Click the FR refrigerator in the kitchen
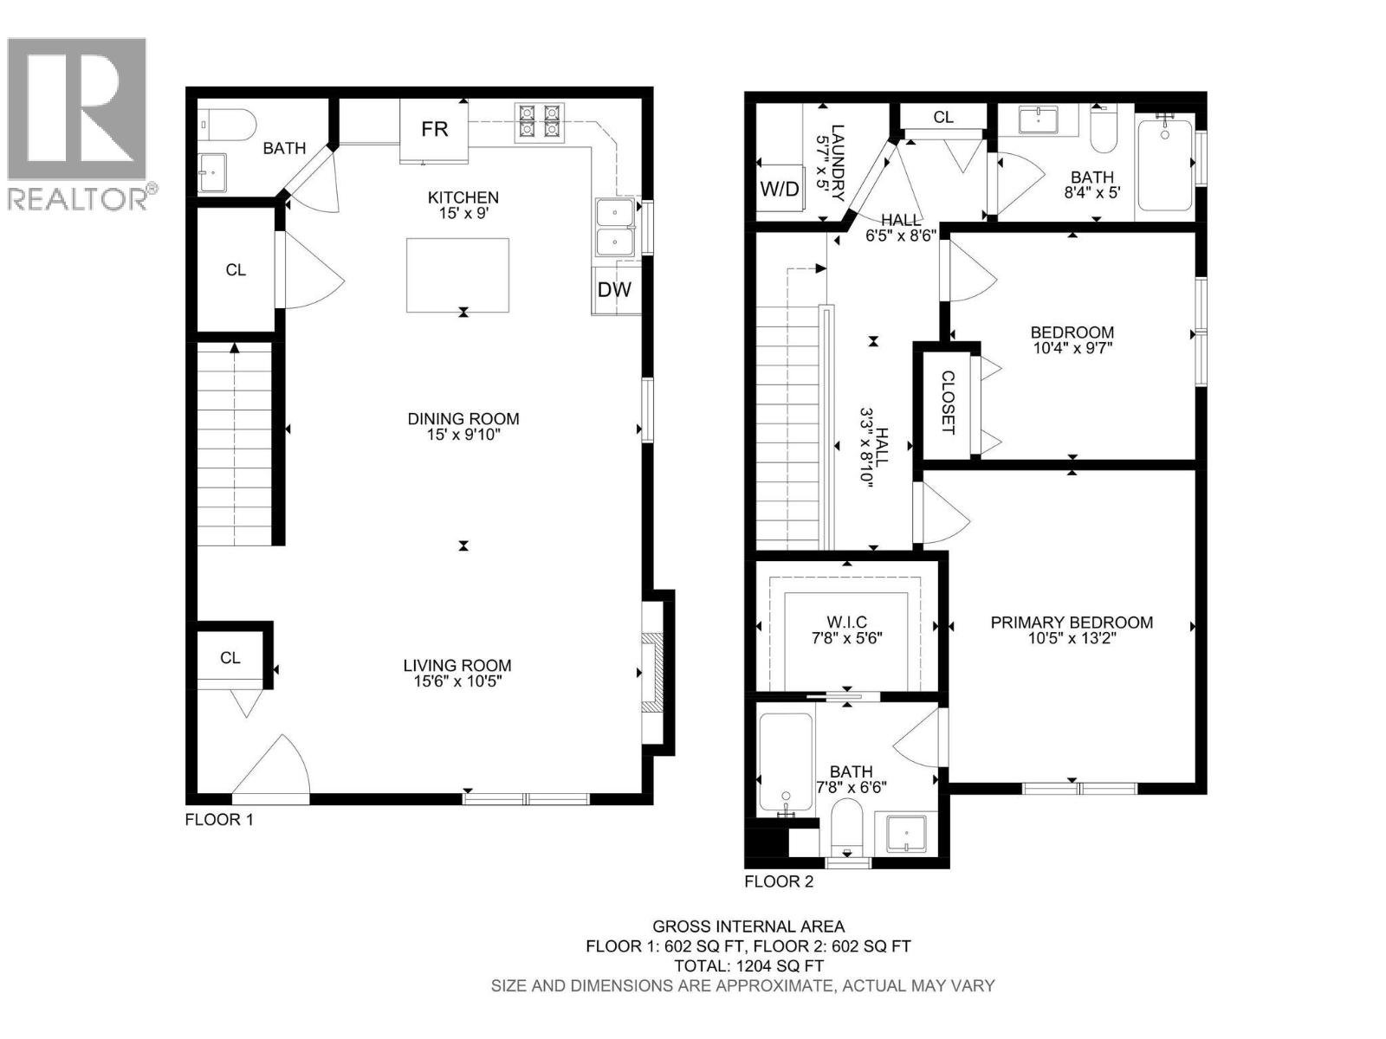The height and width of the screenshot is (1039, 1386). [434, 130]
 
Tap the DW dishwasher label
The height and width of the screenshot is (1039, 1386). [614, 290]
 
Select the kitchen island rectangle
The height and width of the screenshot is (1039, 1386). [457, 275]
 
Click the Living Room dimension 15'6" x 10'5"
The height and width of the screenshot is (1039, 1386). [457, 681]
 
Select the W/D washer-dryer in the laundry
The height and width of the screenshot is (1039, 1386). [780, 189]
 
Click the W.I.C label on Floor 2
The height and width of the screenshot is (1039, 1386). [846, 622]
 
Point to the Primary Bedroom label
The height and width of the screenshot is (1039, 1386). [1072, 622]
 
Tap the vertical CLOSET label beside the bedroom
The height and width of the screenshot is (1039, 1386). [948, 402]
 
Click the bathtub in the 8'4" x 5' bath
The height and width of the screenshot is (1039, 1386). [1164, 165]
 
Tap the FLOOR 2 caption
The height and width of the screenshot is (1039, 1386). [779, 881]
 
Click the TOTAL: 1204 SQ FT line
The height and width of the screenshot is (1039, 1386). [748, 965]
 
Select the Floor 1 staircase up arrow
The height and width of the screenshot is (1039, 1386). [235, 349]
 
